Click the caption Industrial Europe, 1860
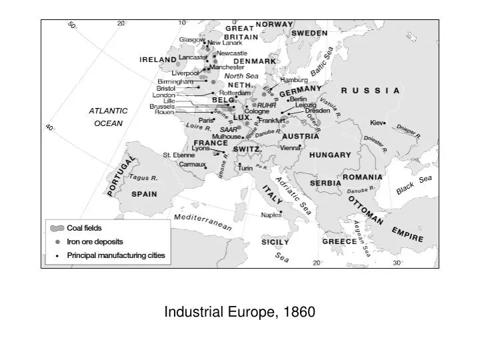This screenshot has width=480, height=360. coord(240,311)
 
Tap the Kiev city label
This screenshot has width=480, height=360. coord(377,123)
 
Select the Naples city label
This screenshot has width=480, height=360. coord(271,215)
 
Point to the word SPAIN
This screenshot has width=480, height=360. coord(144,195)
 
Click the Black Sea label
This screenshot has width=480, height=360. coord(414,185)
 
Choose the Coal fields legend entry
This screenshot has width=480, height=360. coord(84,228)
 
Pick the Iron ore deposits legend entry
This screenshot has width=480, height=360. coord(95,241)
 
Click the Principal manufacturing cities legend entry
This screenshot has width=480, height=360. coord(115,255)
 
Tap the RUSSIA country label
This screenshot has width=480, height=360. coord(370,90)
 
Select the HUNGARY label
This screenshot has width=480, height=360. coord(330,155)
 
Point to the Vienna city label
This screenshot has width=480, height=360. coord(290,147)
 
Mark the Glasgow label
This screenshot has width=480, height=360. coord(191,39)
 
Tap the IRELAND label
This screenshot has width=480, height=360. coord(158,59)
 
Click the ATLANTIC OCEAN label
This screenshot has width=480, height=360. coord(109,117)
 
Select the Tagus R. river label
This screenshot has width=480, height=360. coord(143,178)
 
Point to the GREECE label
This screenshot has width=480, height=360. coord(340,241)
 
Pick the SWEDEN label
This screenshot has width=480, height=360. coord(309,33)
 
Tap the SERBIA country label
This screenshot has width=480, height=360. coord(326,183)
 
